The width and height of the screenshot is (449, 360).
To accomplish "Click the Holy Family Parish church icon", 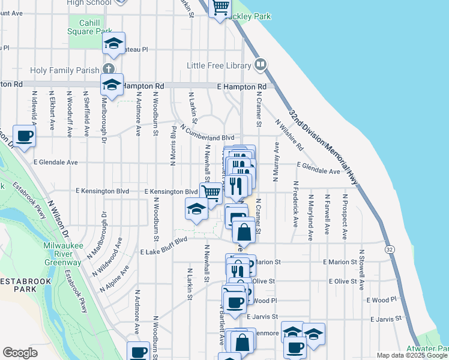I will coord(108,70).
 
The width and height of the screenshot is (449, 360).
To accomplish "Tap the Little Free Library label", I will coord(219,65).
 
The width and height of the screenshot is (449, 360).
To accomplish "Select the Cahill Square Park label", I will coord(89,27).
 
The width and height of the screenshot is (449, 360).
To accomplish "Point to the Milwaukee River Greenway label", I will coord(62,254).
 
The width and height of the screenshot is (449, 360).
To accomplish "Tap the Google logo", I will coord(20,353).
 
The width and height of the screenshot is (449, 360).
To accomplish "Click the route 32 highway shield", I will coord(390,248).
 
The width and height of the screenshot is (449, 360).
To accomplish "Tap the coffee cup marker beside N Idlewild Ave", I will coord(23,137).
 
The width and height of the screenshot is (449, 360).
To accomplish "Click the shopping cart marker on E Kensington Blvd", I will coord(211,193).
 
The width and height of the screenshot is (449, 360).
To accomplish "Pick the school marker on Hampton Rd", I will coord(112,85).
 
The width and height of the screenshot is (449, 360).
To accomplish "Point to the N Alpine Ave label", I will coord(115,278).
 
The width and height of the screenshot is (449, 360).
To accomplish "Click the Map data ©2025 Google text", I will coord(412,355).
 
